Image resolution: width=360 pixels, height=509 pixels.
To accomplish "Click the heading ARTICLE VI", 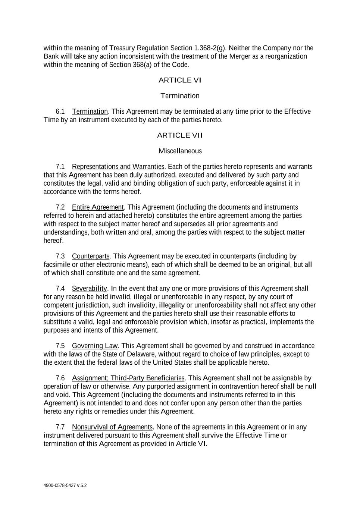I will tap(180, 80).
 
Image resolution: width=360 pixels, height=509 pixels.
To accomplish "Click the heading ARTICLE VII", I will tap(180, 135).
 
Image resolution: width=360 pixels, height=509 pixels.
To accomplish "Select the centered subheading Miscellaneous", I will tap(180, 151).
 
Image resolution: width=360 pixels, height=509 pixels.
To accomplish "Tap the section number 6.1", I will tap(60, 111).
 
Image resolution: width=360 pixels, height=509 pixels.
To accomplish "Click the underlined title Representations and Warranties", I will tap(118, 167).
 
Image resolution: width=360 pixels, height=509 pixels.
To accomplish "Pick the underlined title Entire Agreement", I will tap(98, 207).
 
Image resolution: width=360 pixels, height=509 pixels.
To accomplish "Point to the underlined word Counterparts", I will tap(91, 256).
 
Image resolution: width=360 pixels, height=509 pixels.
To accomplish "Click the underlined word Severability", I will tap(90, 289).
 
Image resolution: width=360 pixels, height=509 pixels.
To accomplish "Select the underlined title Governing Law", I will tap(95, 346).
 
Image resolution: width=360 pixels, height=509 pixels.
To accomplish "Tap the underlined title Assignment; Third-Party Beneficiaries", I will tap(128, 378).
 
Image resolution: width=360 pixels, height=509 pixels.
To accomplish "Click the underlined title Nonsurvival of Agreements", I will tap(112, 427).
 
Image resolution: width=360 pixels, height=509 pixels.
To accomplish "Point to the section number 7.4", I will tap(60, 289).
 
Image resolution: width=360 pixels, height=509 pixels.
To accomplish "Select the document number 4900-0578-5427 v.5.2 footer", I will tap(65, 486).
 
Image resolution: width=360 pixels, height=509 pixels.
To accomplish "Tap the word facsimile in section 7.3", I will tap(57, 265).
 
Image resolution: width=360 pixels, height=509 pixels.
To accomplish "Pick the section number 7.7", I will tap(60, 427).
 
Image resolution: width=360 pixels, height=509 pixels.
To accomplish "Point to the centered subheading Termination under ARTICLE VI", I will tap(180, 96).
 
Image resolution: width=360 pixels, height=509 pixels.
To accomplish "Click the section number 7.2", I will tap(60, 207).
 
